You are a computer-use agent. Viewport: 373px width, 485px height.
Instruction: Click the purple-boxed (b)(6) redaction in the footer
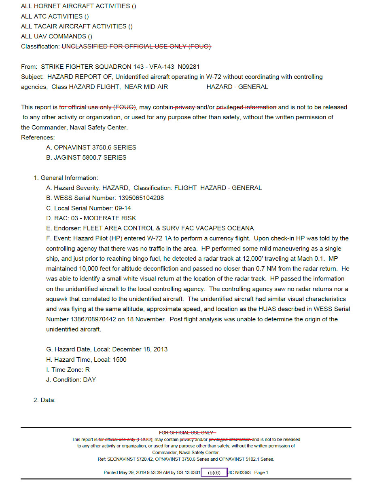[x=214, y=472]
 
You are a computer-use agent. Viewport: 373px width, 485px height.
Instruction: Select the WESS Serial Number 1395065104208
[x=141, y=198]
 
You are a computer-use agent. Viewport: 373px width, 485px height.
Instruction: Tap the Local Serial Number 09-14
[x=120, y=208]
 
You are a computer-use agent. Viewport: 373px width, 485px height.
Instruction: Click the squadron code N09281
[x=189, y=67]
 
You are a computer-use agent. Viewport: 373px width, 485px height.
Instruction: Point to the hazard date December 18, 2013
[x=140, y=349]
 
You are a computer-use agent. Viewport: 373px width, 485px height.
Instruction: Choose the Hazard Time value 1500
[x=120, y=360]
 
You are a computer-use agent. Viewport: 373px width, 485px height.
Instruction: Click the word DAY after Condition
[x=89, y=380]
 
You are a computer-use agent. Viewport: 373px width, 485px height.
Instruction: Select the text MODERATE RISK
[x=110, y=218]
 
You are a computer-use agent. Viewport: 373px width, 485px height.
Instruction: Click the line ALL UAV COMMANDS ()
[x=53, y=36]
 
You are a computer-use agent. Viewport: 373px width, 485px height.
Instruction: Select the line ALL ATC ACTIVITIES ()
[x=55, y=16]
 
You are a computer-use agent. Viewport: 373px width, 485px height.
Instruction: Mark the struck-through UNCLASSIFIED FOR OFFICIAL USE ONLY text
[x=136, y=46]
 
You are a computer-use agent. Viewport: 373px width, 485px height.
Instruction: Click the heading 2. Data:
[x=44, y=400]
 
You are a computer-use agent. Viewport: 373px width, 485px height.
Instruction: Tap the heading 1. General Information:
[x=66, y=178]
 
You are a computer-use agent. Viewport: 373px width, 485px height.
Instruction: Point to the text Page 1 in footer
[x=261, y=472]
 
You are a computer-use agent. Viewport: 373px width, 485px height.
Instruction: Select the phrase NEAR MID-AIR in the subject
[x=146, y=87]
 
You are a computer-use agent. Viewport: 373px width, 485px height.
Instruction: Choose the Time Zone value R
[x=87, y=370]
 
